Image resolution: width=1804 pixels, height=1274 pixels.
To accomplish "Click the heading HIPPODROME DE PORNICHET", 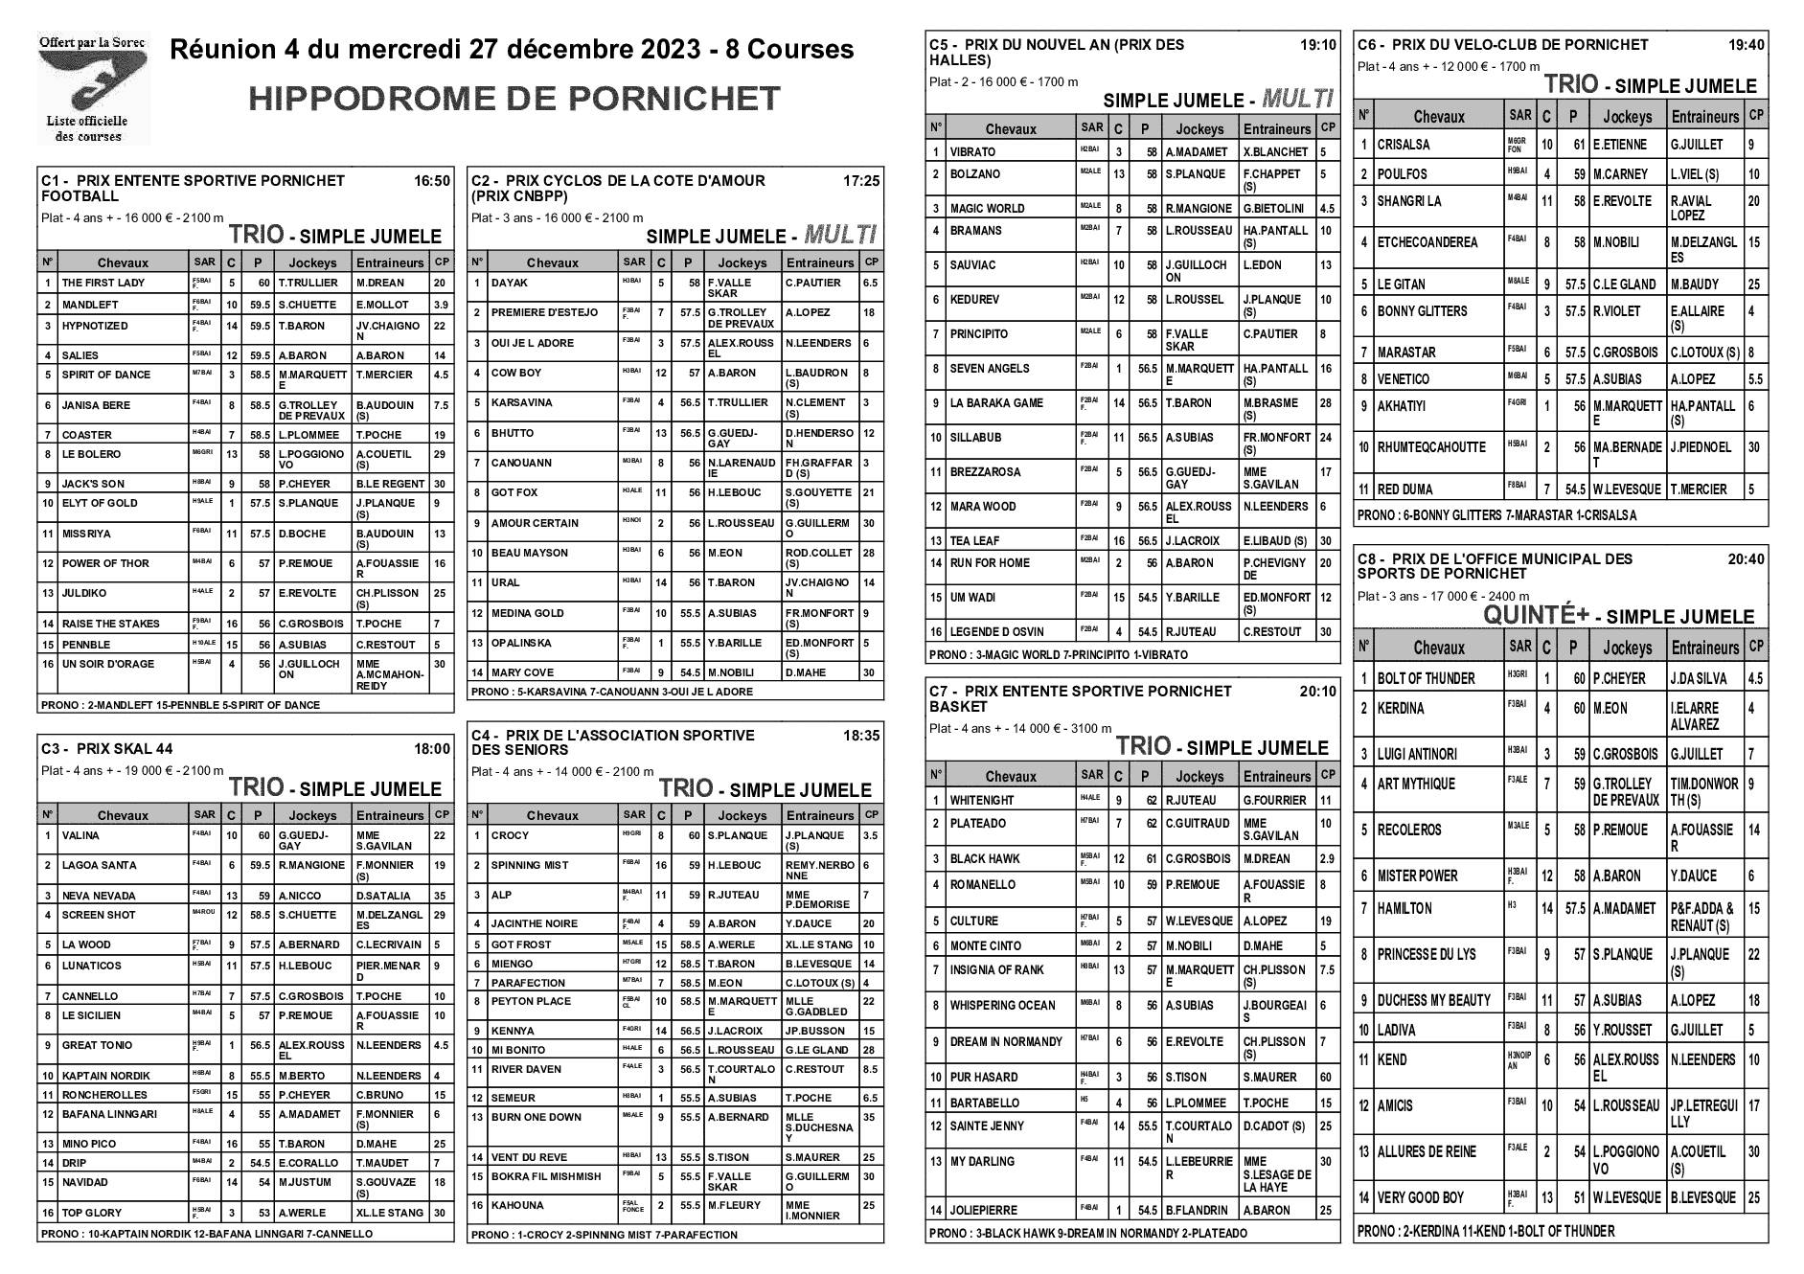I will (514, 99).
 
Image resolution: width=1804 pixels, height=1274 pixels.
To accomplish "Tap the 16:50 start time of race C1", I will (431, 180).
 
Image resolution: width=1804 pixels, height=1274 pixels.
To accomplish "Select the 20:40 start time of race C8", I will (1746, 559).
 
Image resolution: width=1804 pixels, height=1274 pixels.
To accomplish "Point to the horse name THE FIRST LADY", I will (103, 284).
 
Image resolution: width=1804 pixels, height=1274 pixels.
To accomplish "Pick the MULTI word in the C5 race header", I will (1298, 98).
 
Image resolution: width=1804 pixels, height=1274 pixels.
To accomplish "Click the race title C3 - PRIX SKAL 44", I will (106, 749).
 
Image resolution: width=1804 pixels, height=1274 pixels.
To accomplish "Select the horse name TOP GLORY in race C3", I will (92, 1213).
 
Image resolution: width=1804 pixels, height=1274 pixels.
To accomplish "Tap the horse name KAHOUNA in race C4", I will (517, 1206).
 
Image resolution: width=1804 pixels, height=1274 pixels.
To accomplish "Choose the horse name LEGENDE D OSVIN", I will (995, 632).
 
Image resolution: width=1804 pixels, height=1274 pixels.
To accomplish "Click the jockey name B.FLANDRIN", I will (1198, 1210).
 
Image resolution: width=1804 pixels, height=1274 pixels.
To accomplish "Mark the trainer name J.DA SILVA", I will (1698, 679).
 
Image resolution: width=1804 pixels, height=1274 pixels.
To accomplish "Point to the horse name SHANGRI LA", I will (1409, 201).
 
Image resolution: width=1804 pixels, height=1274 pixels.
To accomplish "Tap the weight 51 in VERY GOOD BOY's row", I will (1574, 1197).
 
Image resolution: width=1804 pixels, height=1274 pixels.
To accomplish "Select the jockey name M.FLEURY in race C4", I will (734, 1206).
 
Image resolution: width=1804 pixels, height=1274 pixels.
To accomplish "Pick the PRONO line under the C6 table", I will (1496, 515).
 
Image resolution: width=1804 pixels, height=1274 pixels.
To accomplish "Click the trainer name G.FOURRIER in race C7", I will (1274, 800).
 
